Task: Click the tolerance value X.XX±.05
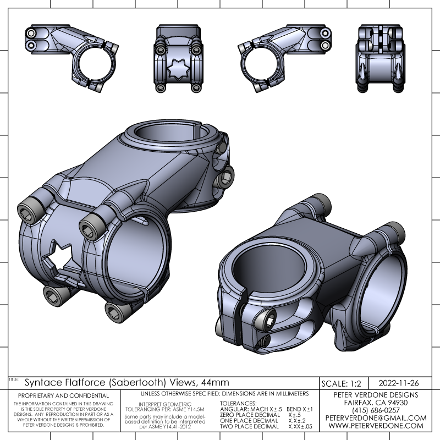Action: [x=300, y=426]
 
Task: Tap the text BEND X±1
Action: [x=300, y=409]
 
